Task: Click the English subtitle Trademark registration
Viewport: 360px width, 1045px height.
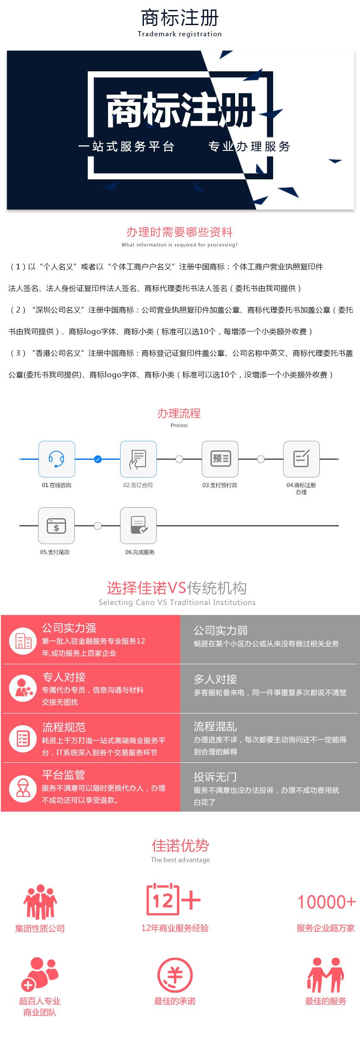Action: coord(179,34)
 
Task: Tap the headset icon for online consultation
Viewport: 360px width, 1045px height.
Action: coord(57,459)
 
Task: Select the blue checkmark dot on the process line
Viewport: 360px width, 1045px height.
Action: coord(98,459)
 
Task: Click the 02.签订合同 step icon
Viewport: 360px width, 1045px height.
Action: coord(138,459)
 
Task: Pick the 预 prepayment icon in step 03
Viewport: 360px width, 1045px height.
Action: coord(220,459)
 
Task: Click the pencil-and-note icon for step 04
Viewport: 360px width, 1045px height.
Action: coord(301,459)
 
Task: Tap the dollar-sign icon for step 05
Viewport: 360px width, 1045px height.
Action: coord(56,526)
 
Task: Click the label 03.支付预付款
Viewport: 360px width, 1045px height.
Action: coord(220,485)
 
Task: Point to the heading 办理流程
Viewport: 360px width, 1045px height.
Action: coord(179,414)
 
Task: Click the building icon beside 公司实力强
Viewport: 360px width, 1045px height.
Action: coord(23,640)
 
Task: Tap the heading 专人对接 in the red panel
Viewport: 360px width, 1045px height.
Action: coord(64,677)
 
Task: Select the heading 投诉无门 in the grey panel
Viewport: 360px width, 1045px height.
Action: coord(215,777)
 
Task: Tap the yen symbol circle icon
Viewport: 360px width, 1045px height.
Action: coord(175,975)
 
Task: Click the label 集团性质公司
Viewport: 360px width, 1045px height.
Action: coord(40,928)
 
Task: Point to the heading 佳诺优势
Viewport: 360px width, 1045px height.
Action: coord(180,846)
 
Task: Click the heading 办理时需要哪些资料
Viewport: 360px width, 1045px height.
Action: coord(179,232)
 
